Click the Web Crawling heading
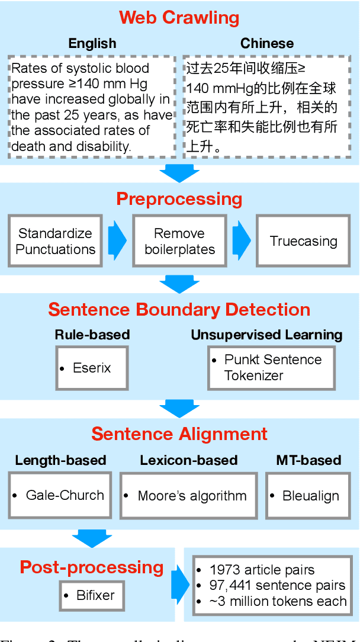179,17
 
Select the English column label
92,43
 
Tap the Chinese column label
266,43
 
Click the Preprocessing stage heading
179,198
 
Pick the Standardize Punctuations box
56,241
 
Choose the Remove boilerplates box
179,241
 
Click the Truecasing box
303,241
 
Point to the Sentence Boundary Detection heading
179,309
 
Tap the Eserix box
92,368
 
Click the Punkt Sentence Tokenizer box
272,368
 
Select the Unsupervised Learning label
266,335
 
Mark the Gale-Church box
60,496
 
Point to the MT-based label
308,460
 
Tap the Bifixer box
92,595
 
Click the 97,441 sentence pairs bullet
277,585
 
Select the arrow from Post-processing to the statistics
179,585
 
